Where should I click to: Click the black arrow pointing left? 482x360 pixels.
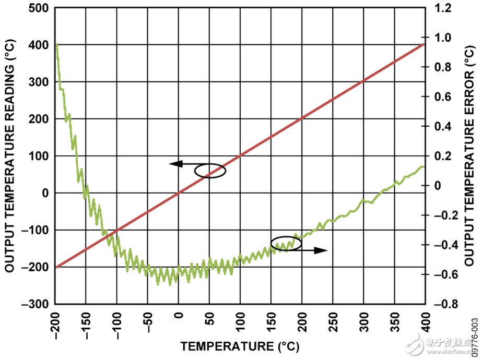pos(177,164)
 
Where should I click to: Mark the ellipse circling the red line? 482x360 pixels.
pos(210,171)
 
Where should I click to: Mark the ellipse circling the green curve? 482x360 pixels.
pos(286,244)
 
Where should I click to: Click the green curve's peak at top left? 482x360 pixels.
pos(56,45)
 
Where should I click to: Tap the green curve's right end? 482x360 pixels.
pos(424,167)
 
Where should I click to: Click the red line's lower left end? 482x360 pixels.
pos(56,267)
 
